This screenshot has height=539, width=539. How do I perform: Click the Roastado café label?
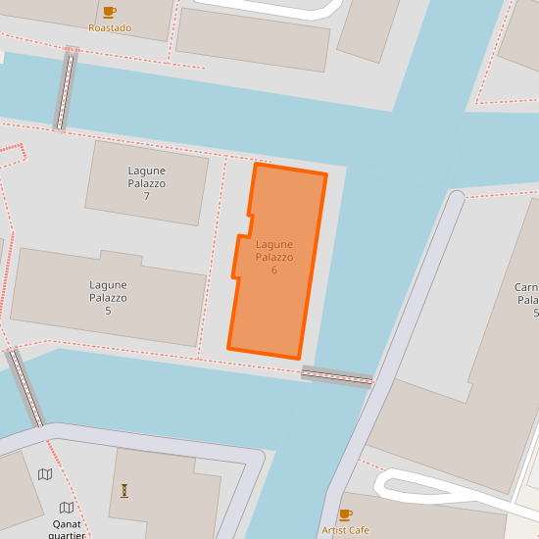point(110,27)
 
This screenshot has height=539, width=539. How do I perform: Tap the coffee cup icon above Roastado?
point(109,12)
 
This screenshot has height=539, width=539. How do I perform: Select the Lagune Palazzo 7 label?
point(146,183)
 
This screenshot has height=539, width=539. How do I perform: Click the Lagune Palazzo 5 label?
point(108,298)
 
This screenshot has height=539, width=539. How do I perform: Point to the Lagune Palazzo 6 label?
point(274,257)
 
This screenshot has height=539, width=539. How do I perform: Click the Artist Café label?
point(345,530)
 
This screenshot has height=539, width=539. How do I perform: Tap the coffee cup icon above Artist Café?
point(345,514)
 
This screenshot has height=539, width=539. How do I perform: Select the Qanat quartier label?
point(67,529)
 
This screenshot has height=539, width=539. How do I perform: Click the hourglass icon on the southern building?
point(124,490)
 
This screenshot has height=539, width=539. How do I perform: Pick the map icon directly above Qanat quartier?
point(67,508)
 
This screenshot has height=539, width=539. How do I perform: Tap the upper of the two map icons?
point(45,474)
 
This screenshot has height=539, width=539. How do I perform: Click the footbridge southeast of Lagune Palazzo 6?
point(337,375)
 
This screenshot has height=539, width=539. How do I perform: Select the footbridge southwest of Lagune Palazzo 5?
point(26,388)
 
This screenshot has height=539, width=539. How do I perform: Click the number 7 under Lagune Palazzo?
point(146,196)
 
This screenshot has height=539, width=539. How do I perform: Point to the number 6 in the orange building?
point(274,269)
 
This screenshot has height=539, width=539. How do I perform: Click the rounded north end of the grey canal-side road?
point(455,199)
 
